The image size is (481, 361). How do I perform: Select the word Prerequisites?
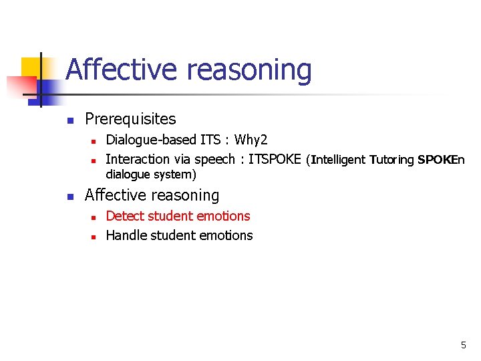[x=130, y=119]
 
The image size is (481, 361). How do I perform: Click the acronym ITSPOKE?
[x=275, y=159]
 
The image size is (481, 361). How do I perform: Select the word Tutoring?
[x=391, y=160]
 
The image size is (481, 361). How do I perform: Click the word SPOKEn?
[x=440, y=160]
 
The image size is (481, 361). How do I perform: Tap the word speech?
[x=214, y=159]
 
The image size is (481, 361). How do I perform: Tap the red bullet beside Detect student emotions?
[x=94, y=217]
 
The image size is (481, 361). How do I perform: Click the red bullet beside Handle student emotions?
[x=94, y=237]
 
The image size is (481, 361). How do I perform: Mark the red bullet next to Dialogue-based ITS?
[x=94, y=141]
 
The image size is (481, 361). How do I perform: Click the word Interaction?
[x=138, y=159]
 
